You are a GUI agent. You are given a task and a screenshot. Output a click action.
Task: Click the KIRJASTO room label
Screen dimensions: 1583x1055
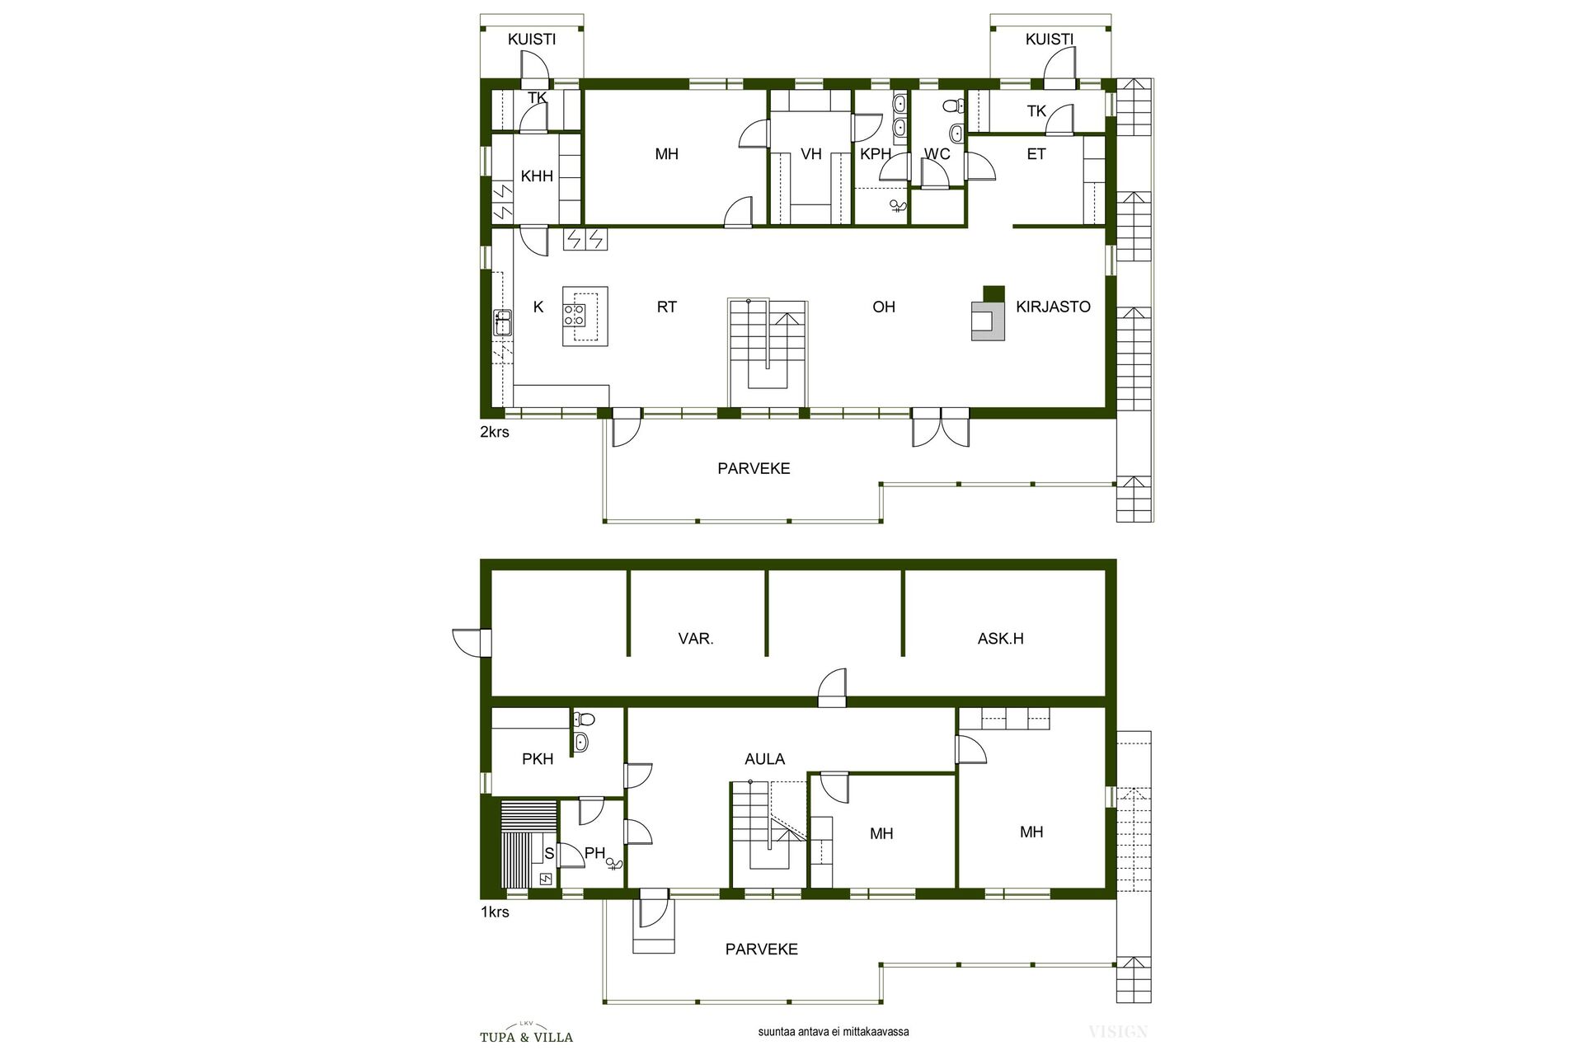coord(1053,307)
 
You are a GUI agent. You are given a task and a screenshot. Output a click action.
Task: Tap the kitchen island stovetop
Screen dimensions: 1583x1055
coord(575,314)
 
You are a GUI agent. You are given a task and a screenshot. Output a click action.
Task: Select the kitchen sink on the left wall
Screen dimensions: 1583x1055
coord(502,322)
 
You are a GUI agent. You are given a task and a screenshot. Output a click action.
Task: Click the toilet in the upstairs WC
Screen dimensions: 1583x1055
coord(953,105)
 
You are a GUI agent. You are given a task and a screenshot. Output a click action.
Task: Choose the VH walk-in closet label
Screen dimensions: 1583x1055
coord(811,154)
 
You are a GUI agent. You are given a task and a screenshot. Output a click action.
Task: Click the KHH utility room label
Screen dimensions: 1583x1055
coord(537,176)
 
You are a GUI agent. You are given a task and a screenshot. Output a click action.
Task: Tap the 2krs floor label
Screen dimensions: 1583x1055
coord(495,432)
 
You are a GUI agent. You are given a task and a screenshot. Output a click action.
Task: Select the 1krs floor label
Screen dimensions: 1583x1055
coord(495,912)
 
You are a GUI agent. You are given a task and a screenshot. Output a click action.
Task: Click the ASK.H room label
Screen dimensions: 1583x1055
coord(1000,638)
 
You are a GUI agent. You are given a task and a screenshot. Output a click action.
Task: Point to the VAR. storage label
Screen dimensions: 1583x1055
coord(696,638)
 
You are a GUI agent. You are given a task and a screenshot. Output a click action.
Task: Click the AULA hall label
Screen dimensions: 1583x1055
coord(764,759)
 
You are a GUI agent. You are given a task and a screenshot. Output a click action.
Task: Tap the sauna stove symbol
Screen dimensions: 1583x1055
coord(545,879)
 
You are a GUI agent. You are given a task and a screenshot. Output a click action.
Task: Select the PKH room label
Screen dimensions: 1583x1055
coord(538,759)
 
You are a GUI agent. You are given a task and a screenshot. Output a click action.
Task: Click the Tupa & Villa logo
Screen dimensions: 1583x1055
coord(526,1034)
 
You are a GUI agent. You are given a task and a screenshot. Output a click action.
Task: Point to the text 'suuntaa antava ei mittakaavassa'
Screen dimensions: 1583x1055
coord(834,1031)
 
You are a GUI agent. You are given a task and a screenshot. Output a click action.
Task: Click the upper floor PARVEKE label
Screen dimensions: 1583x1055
coord(754,468)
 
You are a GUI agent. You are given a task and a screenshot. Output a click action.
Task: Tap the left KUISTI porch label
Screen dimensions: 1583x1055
coord(532,39)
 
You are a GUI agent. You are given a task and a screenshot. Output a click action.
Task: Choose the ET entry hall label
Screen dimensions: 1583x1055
coord(1036,154)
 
